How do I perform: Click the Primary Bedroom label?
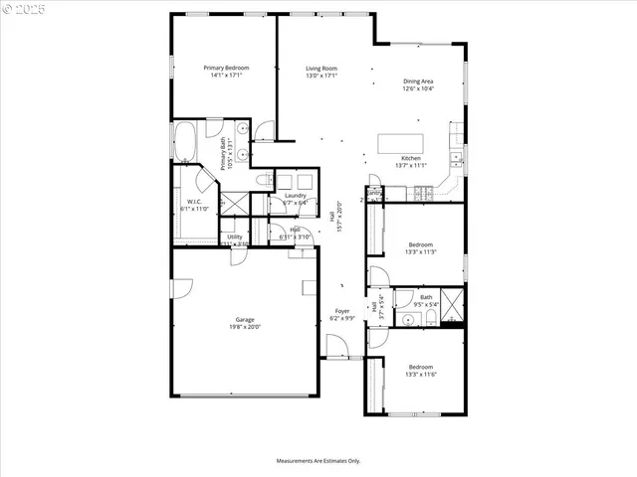226,68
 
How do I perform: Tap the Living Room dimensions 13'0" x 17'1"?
321,76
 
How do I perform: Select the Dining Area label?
418,81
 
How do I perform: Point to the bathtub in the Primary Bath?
186,142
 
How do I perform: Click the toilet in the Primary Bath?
264,180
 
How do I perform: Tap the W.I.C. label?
194,202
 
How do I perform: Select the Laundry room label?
296,196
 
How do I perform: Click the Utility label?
235,237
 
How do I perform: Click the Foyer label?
342,311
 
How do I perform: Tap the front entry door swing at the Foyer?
337,347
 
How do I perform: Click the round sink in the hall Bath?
408,318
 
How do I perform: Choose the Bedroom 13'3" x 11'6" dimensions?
421,375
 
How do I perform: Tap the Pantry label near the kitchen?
375,192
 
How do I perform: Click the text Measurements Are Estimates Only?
318,461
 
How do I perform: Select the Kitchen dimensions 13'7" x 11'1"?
411,166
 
